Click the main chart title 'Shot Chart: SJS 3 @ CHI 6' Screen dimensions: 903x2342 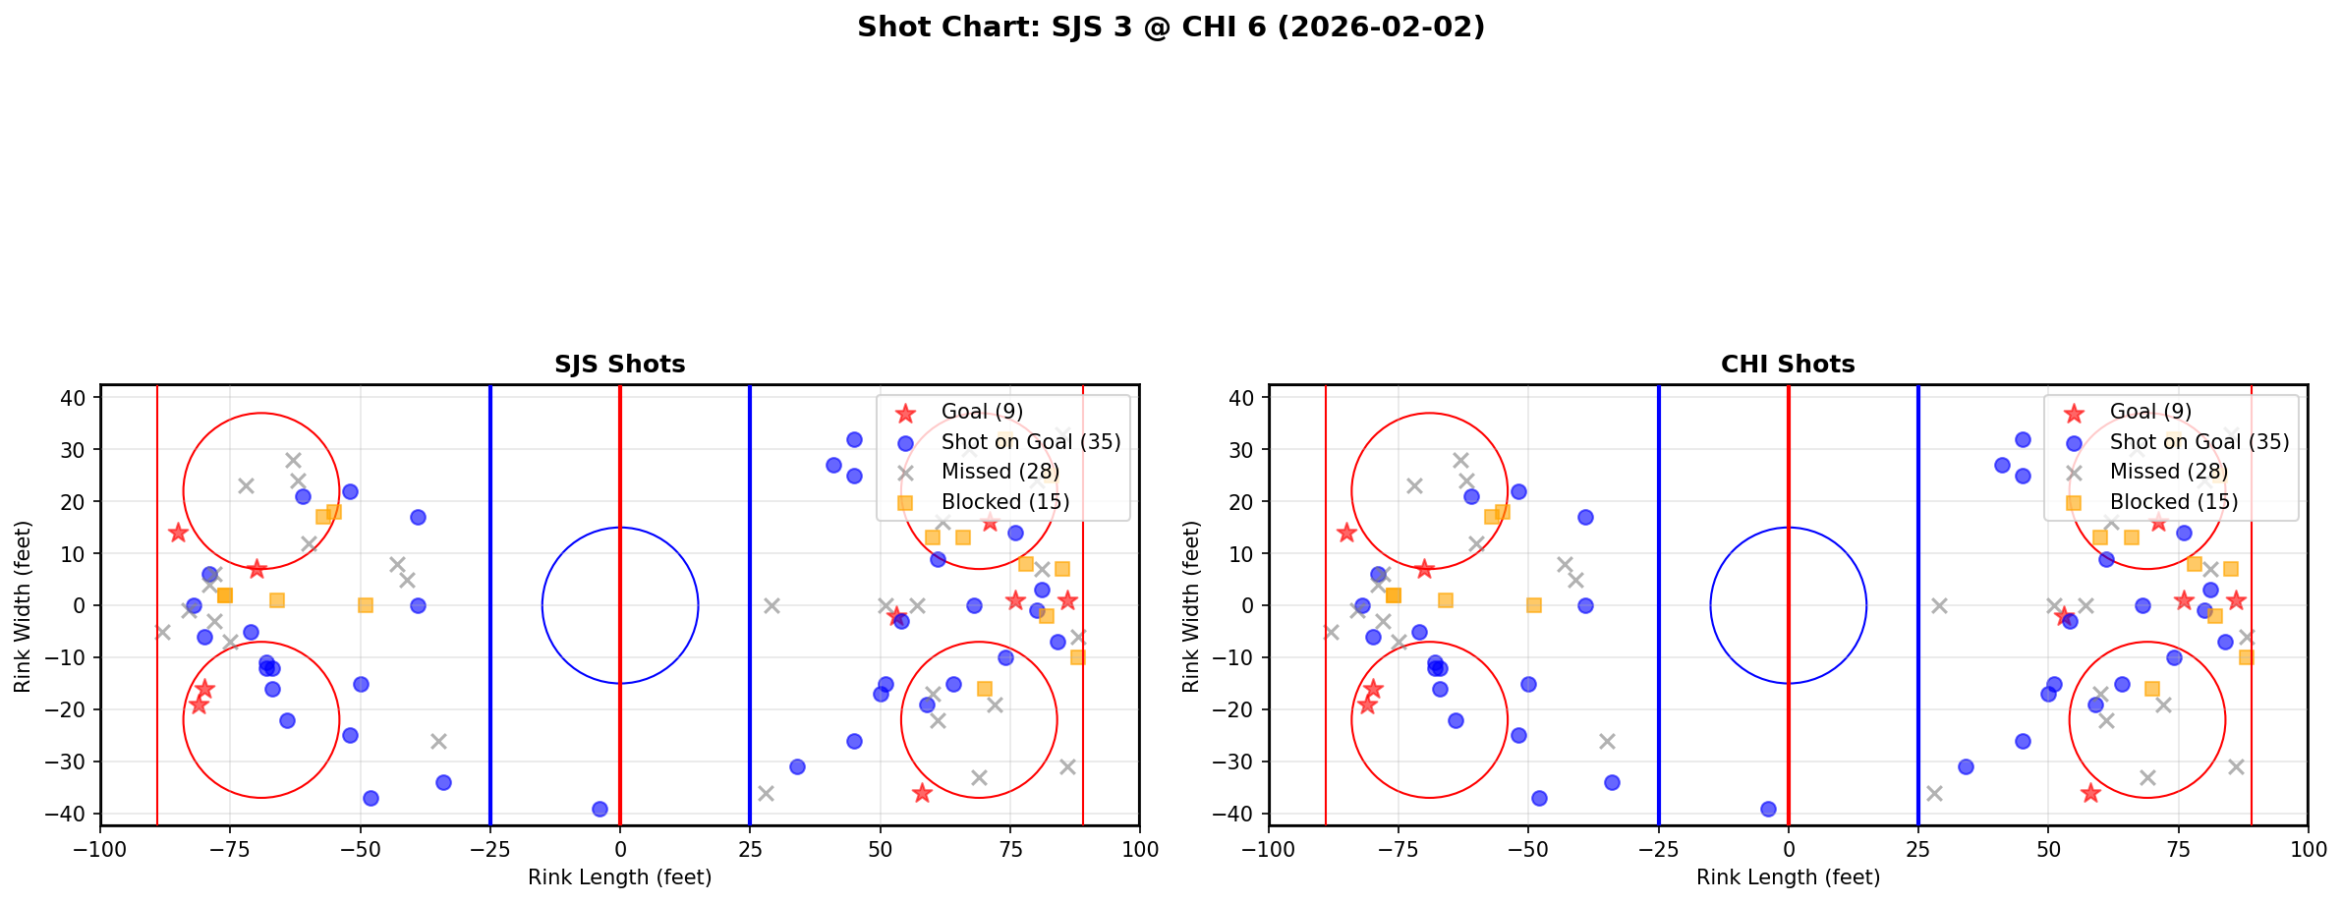point(1171,27)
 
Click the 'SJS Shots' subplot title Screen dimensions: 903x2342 point(619,365)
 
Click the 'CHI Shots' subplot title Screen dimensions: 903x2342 point(1787,365)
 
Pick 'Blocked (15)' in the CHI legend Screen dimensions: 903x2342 point(2173,502)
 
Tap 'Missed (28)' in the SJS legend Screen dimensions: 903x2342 point(1000,472)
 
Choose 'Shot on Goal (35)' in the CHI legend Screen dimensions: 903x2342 point(2199,442)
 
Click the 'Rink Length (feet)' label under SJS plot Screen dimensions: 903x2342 point(619,877)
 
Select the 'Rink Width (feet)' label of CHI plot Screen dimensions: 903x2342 point(1191,606)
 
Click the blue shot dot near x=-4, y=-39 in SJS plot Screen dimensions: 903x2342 point(600,809)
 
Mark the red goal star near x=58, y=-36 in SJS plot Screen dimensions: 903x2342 point(921,793)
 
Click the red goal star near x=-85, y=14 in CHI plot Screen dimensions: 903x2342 point(1346,533)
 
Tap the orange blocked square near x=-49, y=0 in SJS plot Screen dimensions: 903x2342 point(366,605)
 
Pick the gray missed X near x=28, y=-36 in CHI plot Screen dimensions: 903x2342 point(1933,793)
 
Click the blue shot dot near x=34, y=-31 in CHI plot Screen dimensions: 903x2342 point(1965,766)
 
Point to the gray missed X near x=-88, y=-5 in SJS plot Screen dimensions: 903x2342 point(163,632)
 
